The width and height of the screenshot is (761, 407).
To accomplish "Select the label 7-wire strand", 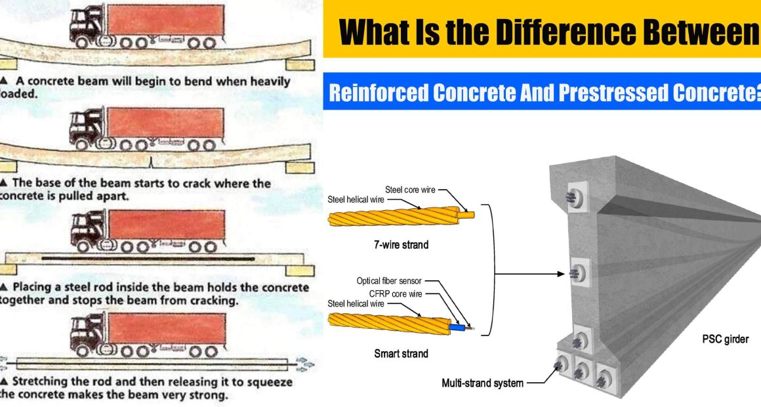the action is (x=401, y=245).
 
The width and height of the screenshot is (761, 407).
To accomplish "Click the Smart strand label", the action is (x=401, y=354).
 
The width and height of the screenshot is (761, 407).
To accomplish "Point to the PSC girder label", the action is (x=725, y=339).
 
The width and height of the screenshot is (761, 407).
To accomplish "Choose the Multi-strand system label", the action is (x=482, y=383).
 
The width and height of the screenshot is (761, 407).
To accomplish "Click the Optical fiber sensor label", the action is (x=389, y=281).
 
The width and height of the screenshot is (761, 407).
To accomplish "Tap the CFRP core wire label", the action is (x=396, y=294).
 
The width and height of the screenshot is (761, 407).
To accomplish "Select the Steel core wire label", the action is (x=410, y=190).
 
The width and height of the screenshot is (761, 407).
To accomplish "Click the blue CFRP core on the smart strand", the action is (x=457, y=328).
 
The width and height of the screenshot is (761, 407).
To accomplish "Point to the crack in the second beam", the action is (x=152, y=161).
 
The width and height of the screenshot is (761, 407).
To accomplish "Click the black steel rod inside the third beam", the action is (x=148, y=259).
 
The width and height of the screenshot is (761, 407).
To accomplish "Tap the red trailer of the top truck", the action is (x=165, y=21).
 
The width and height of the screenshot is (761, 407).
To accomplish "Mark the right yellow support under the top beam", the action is (x=300, y=64).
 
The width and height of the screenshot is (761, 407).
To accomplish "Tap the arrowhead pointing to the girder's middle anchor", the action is (x=562, y=274).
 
